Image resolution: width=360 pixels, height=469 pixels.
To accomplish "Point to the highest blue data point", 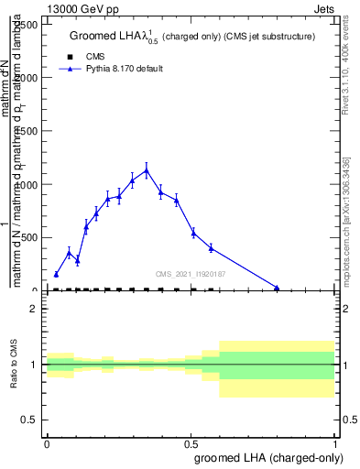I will pos(147,170).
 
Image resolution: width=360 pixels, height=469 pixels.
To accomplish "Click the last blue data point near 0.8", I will pos(277,288).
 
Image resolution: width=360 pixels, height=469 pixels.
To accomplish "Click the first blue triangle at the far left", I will pos(56,274).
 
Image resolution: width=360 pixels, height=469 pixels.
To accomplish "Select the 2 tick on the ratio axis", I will pos(34,309).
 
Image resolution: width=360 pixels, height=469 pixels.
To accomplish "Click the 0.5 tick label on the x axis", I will pos(191,442).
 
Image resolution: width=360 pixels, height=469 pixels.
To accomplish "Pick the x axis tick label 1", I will pos(334,442).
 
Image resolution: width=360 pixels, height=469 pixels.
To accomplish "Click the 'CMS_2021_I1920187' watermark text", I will pos(191,274).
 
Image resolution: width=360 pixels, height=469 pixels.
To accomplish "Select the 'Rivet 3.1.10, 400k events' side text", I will pos(350,64).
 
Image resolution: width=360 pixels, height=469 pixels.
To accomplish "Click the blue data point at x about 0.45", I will pos(176,200).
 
